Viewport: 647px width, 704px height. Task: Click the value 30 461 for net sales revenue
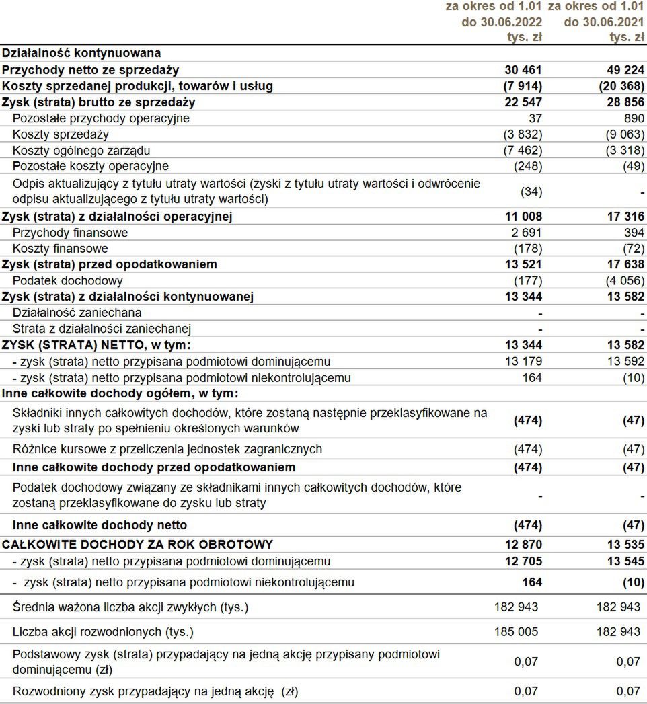(x=523, y=70)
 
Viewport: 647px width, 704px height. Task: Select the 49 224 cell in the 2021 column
(x=625, y=70)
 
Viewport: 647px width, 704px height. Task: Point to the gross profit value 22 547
(x=523, y=102)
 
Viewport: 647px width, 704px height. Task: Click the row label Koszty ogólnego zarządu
(x=81, y=150)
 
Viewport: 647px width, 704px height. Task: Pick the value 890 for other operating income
(x=634, y=118)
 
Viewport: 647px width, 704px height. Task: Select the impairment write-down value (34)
(x=531, y=192)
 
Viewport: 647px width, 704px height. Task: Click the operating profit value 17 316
(x=625, y=217)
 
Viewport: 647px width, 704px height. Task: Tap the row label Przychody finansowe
(x=71, y=233)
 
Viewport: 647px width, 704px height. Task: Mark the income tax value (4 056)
(x=623, y=280)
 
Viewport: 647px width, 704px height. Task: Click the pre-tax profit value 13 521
(x=523, y=264)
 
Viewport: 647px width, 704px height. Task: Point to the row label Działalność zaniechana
(x=77, y=313)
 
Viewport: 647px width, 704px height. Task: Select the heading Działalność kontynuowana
(x=81, y=53)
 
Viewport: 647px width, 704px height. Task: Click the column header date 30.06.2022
(x=510, y=22)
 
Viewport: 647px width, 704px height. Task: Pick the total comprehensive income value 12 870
(x=523, y=545)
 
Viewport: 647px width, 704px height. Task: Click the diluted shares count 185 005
(x=516, y=632)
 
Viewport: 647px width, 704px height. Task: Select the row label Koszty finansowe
(x=61, y=249)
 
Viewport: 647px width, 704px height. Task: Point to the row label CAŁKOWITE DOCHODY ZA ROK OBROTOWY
(x=137, y=545)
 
